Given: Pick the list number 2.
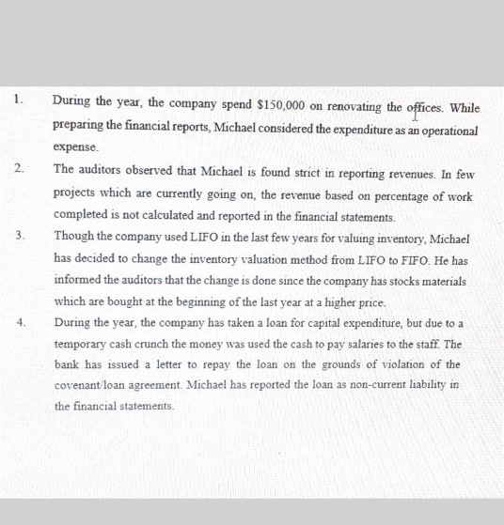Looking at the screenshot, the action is pyautogui.click(x=19, y=169).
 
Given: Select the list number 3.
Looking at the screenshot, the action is pyautogui.click(x=19, y=236).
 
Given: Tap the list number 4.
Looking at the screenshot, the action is pyautogui.click(x=19, y=322).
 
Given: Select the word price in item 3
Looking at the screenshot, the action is pyautogui.click(x=363, y=301).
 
